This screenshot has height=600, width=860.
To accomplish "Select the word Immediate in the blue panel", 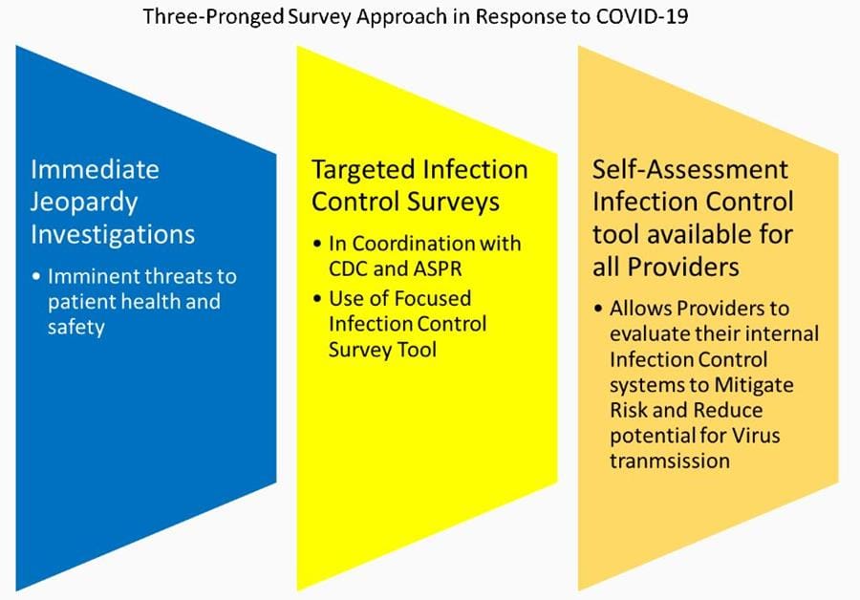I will click(95, 170).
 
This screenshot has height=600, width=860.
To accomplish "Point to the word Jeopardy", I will click(84, 203).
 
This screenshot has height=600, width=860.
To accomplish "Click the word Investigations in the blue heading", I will click(113, 234).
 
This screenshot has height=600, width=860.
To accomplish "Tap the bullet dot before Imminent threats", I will click(36, 277).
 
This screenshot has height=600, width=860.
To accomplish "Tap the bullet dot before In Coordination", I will click(318, 244).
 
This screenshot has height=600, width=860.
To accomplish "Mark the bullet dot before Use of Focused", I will click(318, 299).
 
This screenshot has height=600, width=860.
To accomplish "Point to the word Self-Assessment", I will click(691, 170).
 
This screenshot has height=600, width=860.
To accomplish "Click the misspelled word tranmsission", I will click(669, 460).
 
